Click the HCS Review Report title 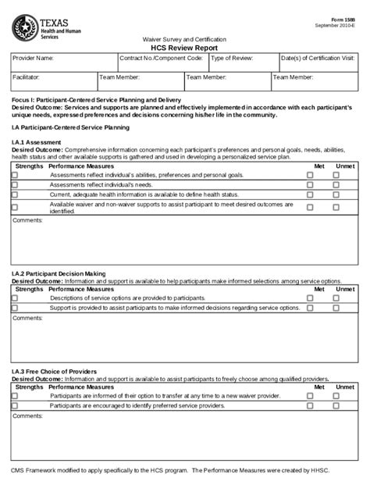(x=184, y=47)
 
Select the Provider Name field (x=62, y=62)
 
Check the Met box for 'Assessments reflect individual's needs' (x=310, y=185)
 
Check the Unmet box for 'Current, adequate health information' (x=336, y=194)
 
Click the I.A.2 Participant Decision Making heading (x=59, y=274)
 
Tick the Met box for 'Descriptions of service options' (x=310, y=298)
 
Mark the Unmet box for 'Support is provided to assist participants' (x=336, y=308)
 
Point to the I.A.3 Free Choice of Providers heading (x=54, y=371)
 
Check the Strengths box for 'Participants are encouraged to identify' (x=14, y=405)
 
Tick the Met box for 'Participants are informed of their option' (x=310, y=396)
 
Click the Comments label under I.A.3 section (x=28, y=415)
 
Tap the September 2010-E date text (x=338, y=26)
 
